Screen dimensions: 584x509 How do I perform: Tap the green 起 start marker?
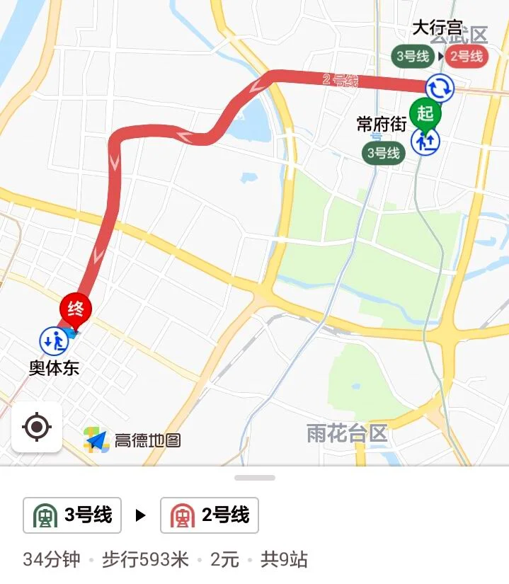point(425,113)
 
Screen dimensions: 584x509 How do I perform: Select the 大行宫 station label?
point(437,29)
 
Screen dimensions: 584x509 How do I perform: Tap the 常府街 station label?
point(381,125)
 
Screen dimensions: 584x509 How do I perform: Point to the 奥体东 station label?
point(54,368)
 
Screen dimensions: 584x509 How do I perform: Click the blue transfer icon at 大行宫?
point(439,88)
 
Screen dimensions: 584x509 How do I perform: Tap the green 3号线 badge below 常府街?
point(383,153)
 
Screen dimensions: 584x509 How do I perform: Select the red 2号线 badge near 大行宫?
point(467,56)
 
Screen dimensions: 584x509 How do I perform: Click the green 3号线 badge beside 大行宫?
point(413,56)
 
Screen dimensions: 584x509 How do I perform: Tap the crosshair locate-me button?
point(37,427)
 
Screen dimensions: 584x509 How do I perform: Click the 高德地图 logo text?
point(147,440)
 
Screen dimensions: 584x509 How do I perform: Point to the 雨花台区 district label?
point(347,433)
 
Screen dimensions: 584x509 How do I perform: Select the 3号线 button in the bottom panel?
point(72,515)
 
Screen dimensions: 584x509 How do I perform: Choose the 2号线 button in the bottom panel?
point(210,515)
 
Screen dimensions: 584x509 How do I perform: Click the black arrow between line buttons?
point(141,515)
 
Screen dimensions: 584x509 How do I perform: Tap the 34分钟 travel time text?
point(52,560)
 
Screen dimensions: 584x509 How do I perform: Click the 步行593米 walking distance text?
point(145,560)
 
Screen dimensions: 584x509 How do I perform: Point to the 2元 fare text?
point(224,560)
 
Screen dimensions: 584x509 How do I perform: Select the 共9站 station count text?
point(284,560)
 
